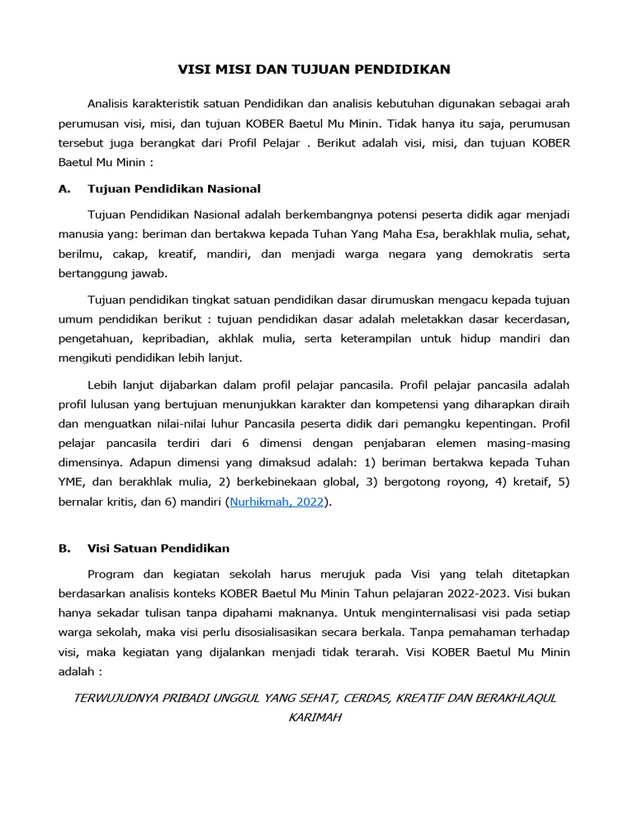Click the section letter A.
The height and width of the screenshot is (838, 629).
tap(64, 189)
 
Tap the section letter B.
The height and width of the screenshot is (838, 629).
tap(64, 548)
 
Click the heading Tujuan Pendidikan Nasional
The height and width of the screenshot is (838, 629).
tap(174, 189)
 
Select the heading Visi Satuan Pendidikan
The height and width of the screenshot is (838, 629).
tap(158, 548)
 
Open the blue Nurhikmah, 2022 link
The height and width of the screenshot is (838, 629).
tap(276, 502)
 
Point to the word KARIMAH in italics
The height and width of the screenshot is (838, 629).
tap(314, 718)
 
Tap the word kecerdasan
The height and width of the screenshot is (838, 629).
tap(532, 318)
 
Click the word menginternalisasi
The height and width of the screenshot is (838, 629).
tap(426, 612)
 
